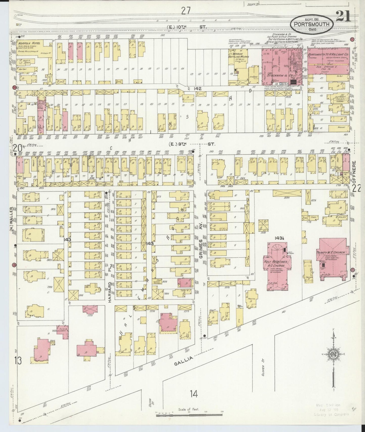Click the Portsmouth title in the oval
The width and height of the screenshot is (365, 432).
[x=313, y=24]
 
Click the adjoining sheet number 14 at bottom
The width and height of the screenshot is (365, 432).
[x=194, y=401]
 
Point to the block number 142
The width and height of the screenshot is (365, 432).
[x=198, y=89]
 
